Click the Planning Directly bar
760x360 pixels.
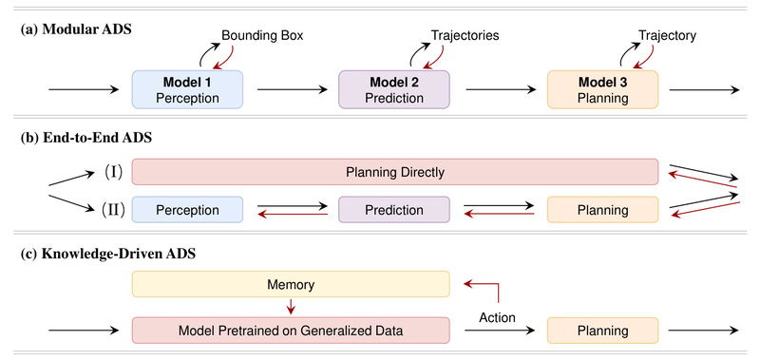394,172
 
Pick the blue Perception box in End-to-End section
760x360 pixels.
189,209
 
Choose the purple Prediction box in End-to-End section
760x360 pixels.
394,209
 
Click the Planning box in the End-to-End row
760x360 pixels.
600,209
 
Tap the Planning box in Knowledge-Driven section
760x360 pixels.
600,331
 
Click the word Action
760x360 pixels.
498,319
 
